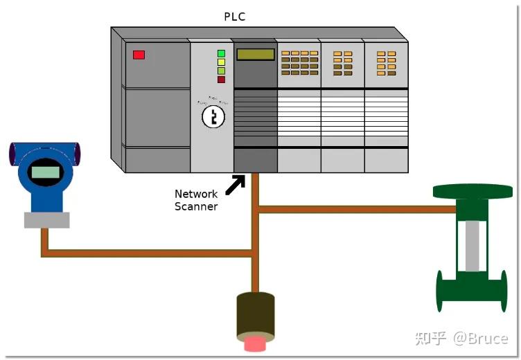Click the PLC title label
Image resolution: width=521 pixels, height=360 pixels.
(x=235, y=17)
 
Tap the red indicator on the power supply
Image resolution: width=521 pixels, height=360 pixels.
(x=139, y=55)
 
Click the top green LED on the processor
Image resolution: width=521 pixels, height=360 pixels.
(x=221, y=53)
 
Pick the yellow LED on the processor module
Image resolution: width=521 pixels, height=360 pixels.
(x=221, y=62)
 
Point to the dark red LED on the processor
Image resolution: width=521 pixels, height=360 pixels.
(x=221, y=80)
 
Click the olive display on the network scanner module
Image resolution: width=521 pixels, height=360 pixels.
(x=255, y=55)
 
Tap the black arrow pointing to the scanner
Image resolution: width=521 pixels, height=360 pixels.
(x=235, y=185)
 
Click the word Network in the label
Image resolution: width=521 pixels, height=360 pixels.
(x=196, y=194)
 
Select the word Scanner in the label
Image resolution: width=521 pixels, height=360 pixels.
(x=196, y=206)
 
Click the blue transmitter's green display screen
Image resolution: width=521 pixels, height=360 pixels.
(x=44, y=172)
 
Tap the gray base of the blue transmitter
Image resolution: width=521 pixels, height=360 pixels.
(x=46, y=220)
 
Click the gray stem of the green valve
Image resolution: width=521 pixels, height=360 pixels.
(x=473, y=246)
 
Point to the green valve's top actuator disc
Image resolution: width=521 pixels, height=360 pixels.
(x=472, y=191)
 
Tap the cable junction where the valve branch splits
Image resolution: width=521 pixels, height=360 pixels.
(x=256, y=208)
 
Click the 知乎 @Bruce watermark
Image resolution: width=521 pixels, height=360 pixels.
(x=461, y=338)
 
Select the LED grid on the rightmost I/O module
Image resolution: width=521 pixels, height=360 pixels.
(x=386, y=63)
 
